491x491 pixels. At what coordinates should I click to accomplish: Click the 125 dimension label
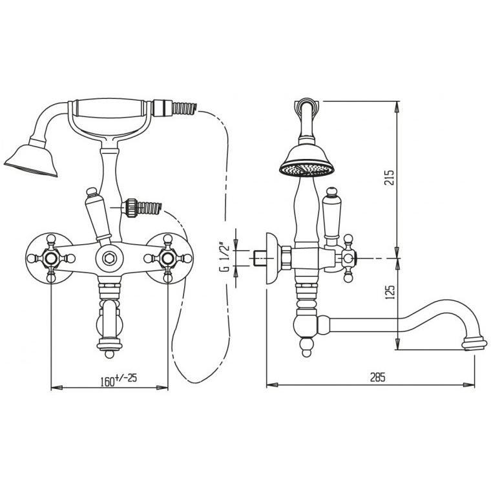[x=389, y=292]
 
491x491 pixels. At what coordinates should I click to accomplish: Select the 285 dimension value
[x=378, y=377]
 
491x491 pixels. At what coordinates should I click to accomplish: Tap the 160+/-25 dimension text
[x=119, y=380]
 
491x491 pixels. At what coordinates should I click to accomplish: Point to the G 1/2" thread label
[x=224, y=256]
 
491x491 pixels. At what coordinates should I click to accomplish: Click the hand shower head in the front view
[x=32, y=158]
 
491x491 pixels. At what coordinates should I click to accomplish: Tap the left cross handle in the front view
[x=51, y=258]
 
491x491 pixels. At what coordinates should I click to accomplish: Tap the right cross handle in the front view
[x=168, y=258]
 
